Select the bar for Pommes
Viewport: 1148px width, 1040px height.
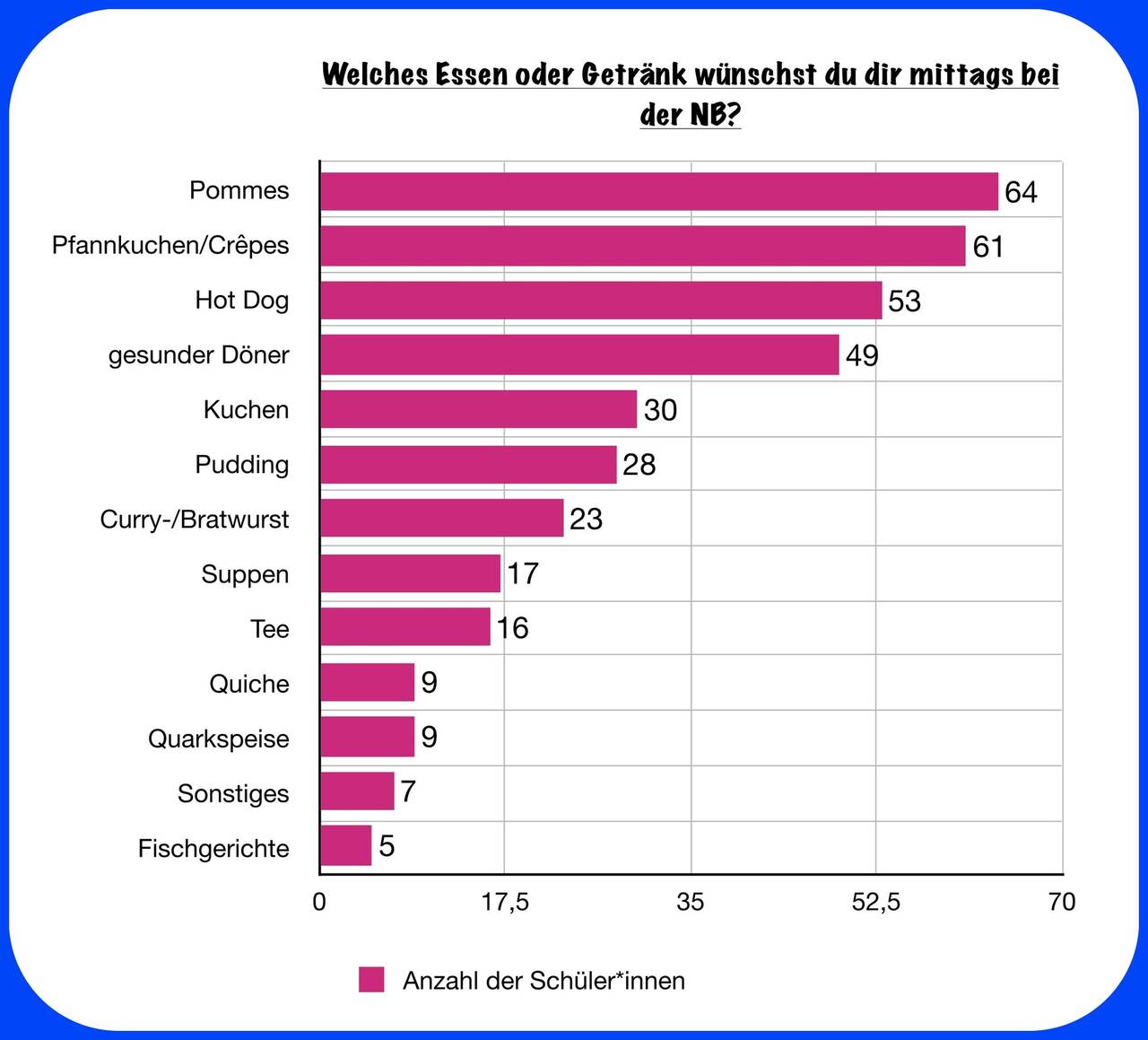click(x=659, y=191)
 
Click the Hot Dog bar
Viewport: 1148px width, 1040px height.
click(x=601, y=300)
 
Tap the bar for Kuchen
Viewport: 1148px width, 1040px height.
click(x=478, y=409)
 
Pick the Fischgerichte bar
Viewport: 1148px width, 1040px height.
click(x=345, y=845)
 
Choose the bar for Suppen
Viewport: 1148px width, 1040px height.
click(x=411, y=573)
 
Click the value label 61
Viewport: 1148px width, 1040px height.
click(x=987, y=247)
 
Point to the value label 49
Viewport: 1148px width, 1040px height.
click(x=862, y=355)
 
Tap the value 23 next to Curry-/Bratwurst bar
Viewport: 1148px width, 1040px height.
click(x=586, y=519)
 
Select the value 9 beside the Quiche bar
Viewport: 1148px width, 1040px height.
click(x=430, y=682)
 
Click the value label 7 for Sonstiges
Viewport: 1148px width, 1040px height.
click(x=407, y=791)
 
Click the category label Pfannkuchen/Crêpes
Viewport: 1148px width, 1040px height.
click(x=170, y=245)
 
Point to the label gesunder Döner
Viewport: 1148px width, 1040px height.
click(x=198, y=355)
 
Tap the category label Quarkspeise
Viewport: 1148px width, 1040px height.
click(x=219, y=738)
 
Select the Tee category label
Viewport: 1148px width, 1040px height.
click(x=270, y=629)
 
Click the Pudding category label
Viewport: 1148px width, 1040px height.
click(x=242, y=465)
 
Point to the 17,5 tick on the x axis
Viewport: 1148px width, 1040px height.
click(x=505, y=902)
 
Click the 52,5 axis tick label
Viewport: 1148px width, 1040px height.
click(x=875, y=902)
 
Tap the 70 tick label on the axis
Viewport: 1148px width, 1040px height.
click(x=1062, y=902)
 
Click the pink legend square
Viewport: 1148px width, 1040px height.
click(x=371, y=979)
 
